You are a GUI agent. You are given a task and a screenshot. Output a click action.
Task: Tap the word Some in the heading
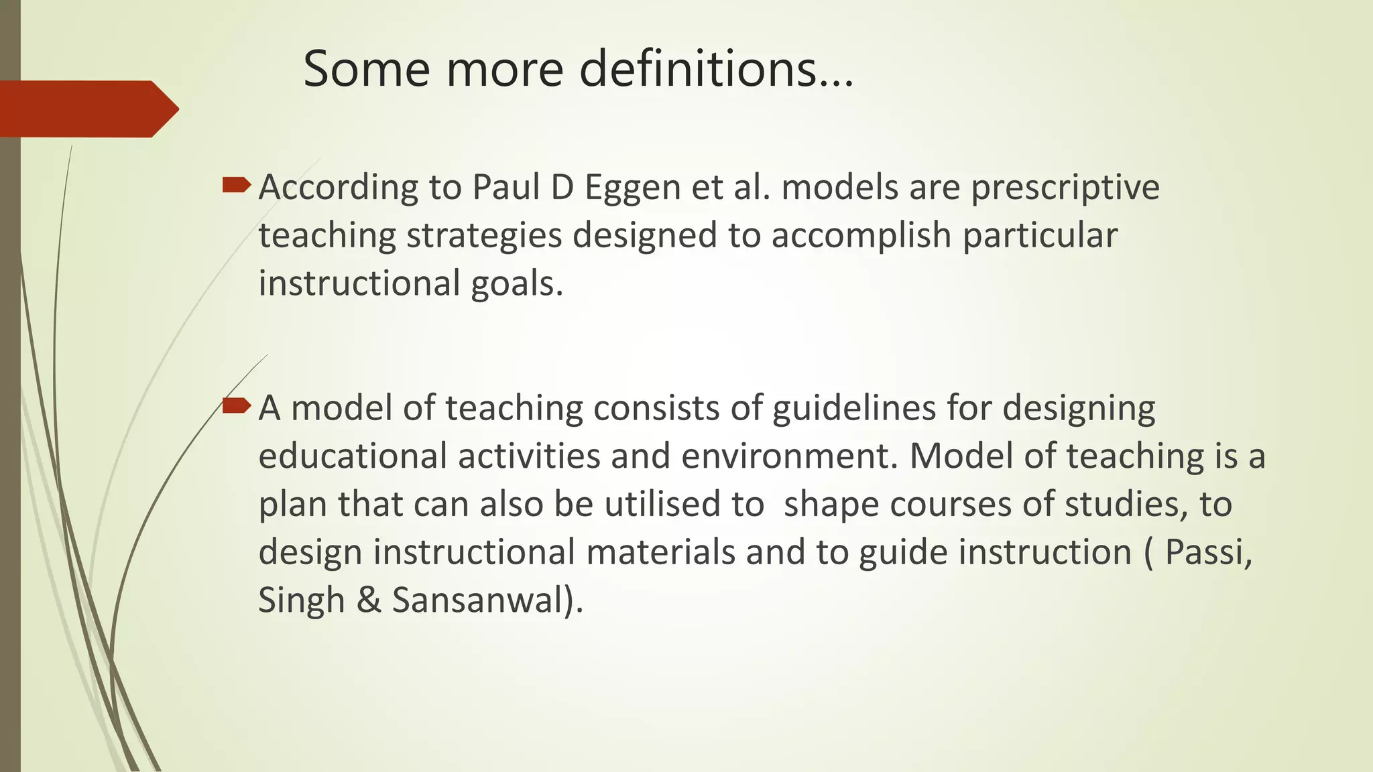366,68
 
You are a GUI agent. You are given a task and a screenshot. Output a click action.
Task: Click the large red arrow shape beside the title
87,109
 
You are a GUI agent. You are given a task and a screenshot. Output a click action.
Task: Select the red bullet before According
236,184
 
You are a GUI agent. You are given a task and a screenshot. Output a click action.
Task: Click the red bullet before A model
236,405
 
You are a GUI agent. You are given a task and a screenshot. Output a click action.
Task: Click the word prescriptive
1065,188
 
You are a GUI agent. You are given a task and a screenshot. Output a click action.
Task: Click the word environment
788,456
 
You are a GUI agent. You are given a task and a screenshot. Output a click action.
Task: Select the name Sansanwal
483,600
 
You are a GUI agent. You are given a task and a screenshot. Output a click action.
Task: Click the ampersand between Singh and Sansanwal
368,600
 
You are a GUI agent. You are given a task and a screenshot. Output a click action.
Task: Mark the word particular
1040,236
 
